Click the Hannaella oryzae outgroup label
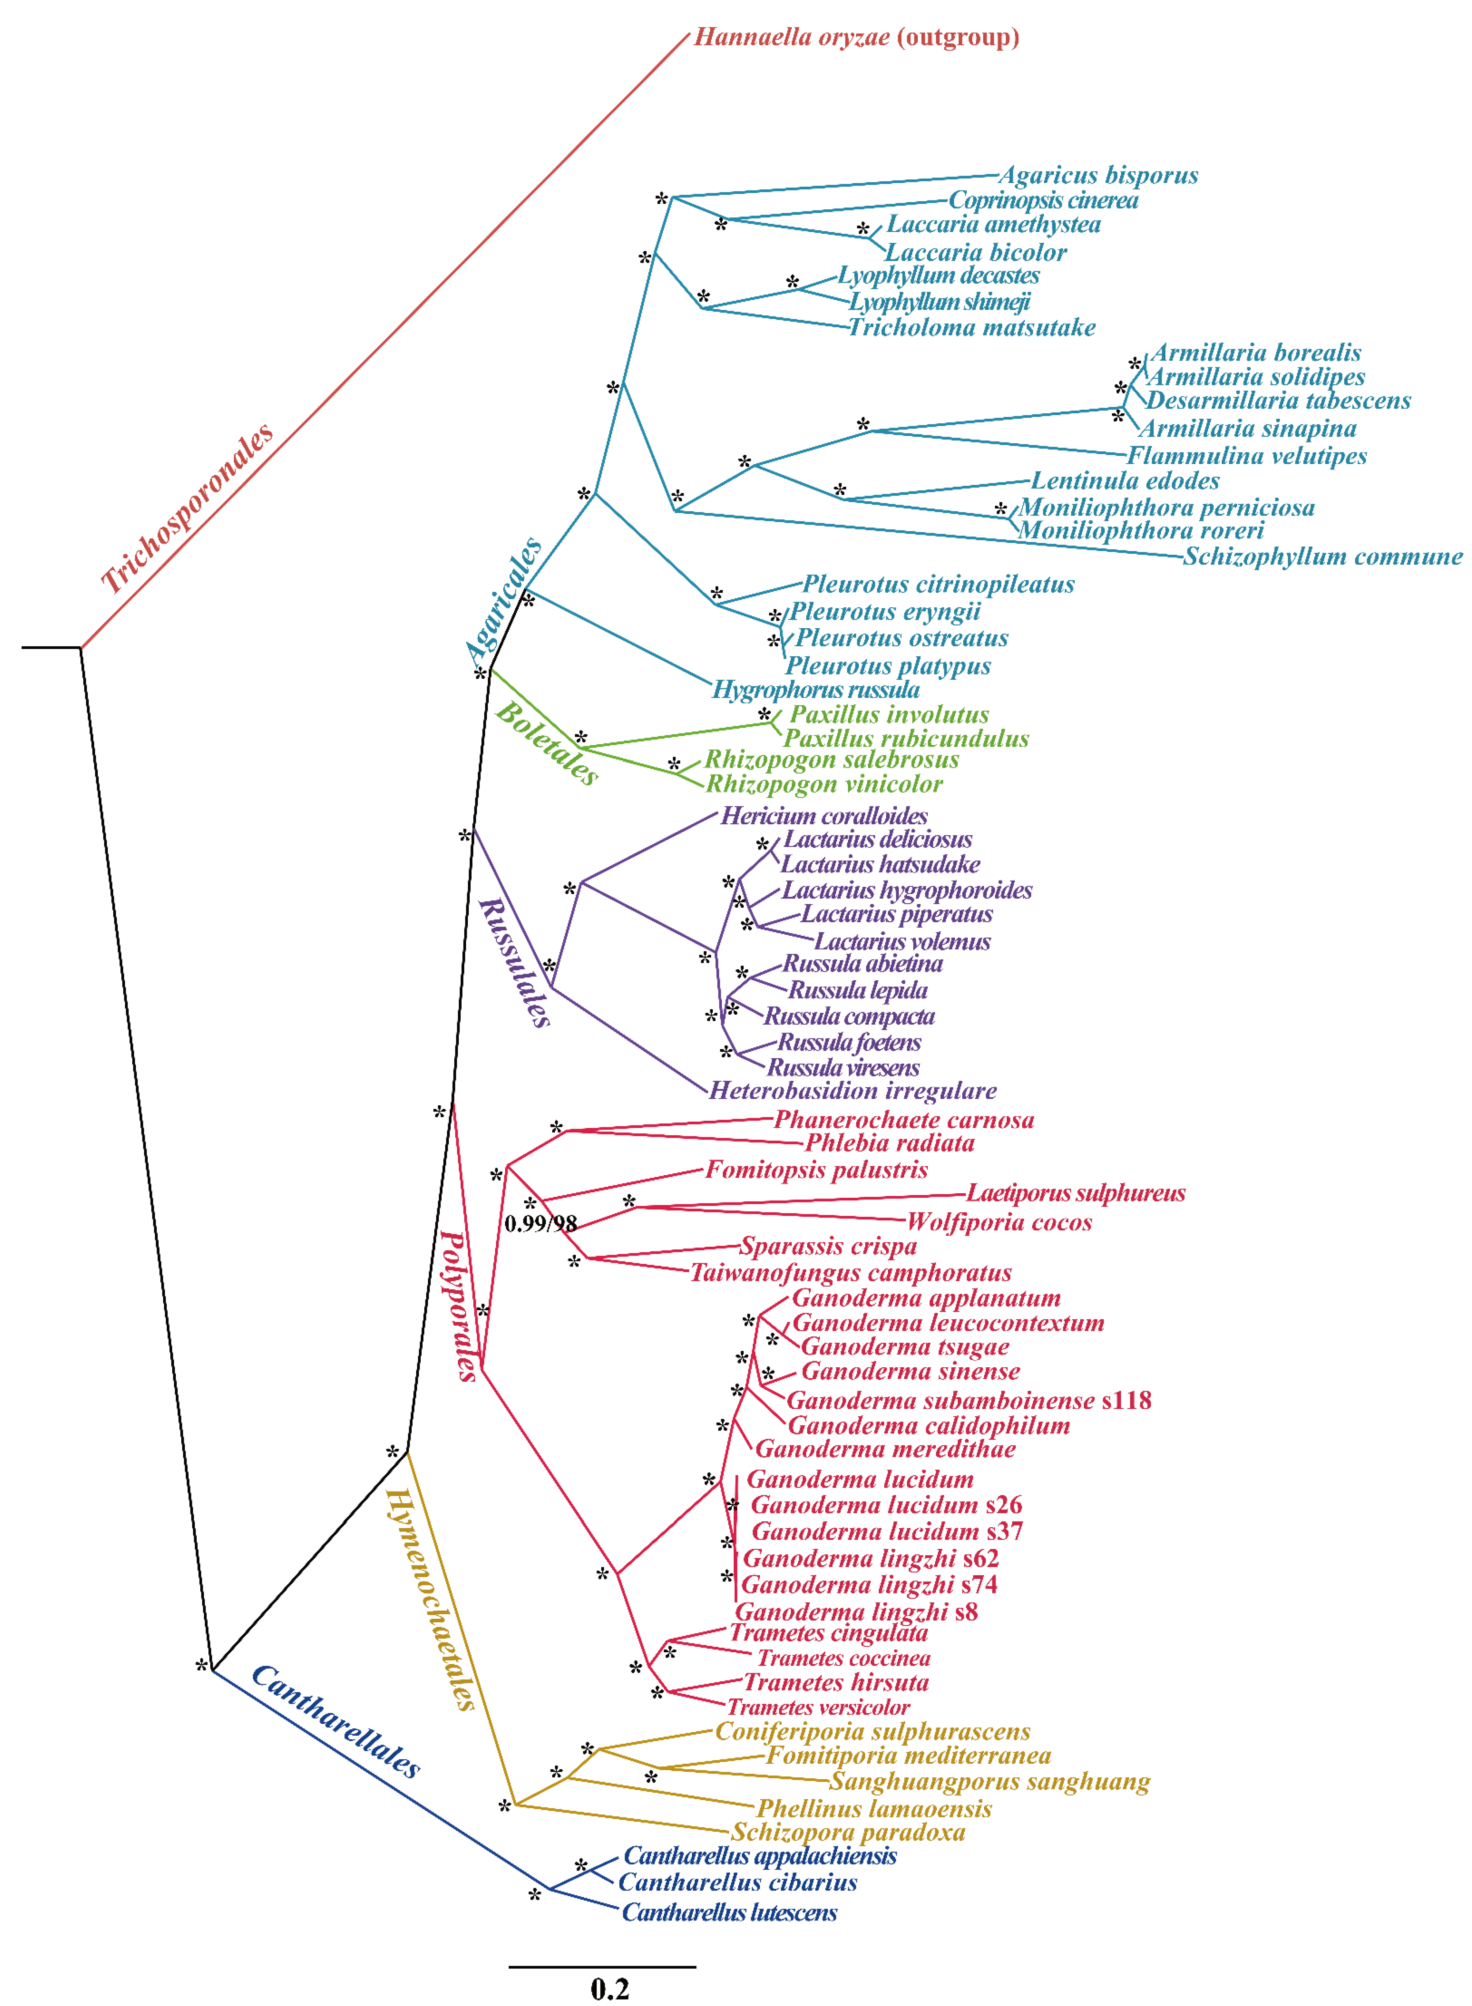pyautogui.click(x=855, y=37)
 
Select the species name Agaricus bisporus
pyautogui.click(x=1098, y=175)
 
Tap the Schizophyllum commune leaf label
pyautogui.click(x=1322, y=557)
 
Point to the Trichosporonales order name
pyautogui.click(x=187, y=509)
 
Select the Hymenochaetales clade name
pyautogui.click(x=430, y=1599)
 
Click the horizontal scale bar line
pyautogui.click(x=602, y=1966)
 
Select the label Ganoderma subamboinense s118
pyautogui.click(x=969, y=1400)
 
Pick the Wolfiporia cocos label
pyautogui.click(x=999, y=1222)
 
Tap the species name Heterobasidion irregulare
pyautogui.click(x=853, y=1090)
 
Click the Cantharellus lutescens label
pyautogui.click(x=729, y=1912)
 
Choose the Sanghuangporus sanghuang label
pyautogui.click(x=989, y=1782)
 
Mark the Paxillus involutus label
pyautogui.click(x=888, y=714)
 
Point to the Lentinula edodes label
pyautogui.click(x=1124, y=481)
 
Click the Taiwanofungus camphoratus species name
pyautogui.click(x=851, y=1273)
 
